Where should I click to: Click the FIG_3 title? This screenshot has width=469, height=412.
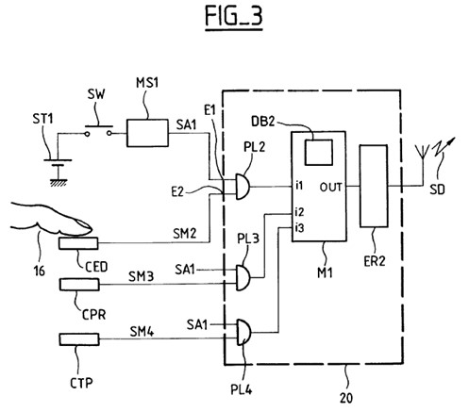click(234, 17)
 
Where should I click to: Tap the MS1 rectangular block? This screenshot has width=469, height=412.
click(147, 133)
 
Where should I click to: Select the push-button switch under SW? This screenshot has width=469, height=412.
click(98, 130)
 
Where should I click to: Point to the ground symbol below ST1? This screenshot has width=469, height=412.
click(59, 181)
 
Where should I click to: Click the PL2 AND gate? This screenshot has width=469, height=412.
click(243, 187)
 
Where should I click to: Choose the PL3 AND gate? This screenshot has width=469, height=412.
click(243, 277)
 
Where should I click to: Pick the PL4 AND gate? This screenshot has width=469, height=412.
click(243, 332)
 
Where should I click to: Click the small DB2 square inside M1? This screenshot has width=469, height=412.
click(319, 153)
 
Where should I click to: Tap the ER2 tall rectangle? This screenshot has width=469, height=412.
click(374, 186)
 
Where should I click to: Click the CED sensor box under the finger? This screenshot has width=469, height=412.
click(78, 243)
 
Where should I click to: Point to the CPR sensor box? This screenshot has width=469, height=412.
click(79, 284)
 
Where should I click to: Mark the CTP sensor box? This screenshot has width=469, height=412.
click(79, 339)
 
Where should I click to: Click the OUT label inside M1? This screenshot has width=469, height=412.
click(330, 188)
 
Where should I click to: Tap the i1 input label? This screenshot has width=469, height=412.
click(299, 186)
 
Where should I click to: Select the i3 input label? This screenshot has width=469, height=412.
click(300, 228)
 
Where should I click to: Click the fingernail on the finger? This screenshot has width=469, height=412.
click(84, 225)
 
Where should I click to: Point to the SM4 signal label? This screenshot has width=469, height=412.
click(142, 331)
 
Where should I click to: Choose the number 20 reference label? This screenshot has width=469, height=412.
click(346, 398)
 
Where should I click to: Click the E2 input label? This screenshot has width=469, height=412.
click(177, 191)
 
